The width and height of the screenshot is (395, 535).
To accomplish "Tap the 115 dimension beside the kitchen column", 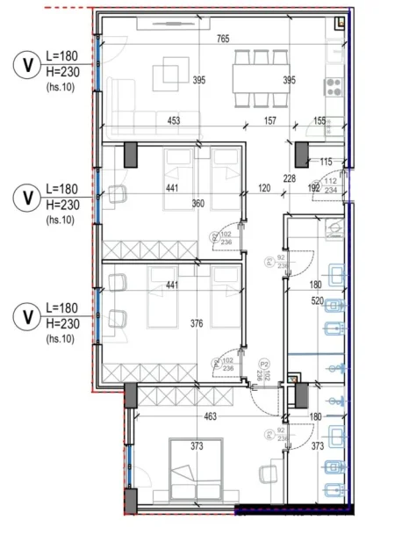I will [326, 161].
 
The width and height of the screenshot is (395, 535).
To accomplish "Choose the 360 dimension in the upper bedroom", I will [197, 204].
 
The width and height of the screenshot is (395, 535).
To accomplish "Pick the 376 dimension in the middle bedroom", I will [197, 323].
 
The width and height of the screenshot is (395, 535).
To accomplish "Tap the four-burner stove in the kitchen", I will [334, 85].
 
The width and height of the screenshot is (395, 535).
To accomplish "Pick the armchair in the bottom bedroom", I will [268, 475].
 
